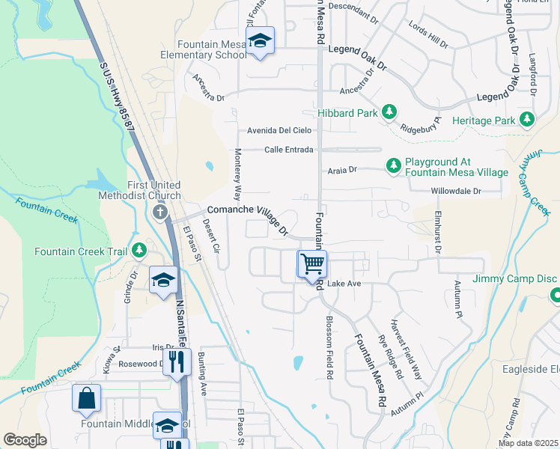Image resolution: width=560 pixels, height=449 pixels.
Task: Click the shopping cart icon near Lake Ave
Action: point(312,263)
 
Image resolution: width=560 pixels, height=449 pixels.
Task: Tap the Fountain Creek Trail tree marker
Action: point(139,250)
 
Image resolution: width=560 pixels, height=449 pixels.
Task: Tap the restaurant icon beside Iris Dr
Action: point(177,363)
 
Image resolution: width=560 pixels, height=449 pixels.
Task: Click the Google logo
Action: point(25,440)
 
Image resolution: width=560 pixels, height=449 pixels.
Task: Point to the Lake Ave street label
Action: point(344,284)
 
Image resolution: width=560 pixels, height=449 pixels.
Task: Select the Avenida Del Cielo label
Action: point(280,130)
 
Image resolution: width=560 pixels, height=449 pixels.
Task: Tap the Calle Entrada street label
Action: point(288,150)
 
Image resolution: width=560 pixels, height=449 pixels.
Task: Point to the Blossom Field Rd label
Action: point(329,346)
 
